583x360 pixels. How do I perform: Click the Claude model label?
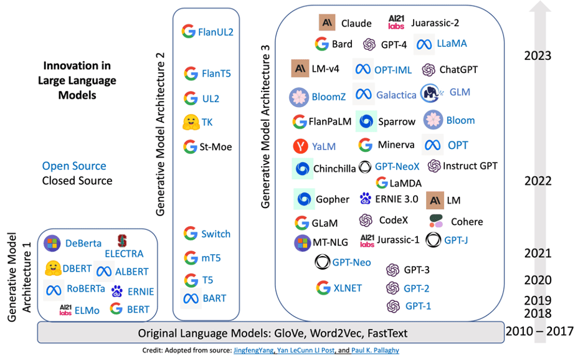click(356, 24)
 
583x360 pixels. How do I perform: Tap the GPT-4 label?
click(394, 45)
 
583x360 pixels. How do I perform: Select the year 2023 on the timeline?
click(538, 56)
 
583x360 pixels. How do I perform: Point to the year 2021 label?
click(538, 253)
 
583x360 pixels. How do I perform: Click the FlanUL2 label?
click(216, 32)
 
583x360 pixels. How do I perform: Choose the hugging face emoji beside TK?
click(191, 122)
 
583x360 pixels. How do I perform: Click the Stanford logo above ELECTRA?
click(122, 241)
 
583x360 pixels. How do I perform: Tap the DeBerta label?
click(83, 244)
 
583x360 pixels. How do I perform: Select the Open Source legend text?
click(74, 166)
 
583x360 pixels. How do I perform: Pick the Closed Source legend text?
click(77, 181)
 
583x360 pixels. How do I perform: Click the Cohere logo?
click(436, 221)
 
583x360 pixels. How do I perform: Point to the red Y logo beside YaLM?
click(300, 146)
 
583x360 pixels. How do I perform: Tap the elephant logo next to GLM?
click(430, 93)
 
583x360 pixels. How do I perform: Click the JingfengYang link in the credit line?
click(254, 350)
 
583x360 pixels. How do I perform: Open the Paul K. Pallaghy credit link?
click(375, 350)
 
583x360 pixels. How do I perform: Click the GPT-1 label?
click(419, 306)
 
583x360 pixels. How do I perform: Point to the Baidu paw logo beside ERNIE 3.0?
click(366, 198)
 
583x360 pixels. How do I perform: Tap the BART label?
click(214, 298)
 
